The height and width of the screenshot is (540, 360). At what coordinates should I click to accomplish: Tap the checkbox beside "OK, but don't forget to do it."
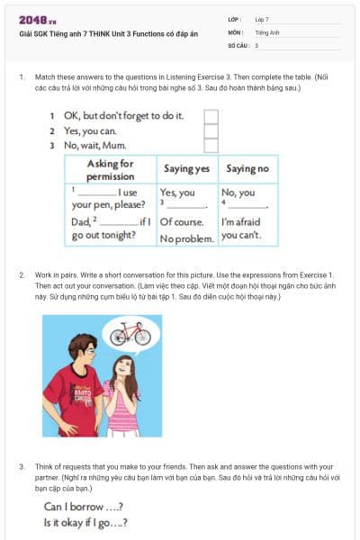[211, 116]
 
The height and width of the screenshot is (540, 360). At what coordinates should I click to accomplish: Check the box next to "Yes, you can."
[211, 130]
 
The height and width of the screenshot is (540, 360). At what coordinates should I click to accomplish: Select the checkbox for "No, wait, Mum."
[211, 145]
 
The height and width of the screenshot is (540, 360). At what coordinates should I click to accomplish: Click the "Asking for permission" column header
[110, 169]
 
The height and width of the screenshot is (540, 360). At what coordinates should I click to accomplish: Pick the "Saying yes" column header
[186, 169]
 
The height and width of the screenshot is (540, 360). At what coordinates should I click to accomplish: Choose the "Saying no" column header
[247, 169]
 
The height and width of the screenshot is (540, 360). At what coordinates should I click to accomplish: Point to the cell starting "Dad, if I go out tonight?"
[109, 229]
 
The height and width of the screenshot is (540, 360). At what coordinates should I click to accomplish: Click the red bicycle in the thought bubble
[130, 334]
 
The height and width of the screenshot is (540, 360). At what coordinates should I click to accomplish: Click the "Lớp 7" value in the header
[262, 18]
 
